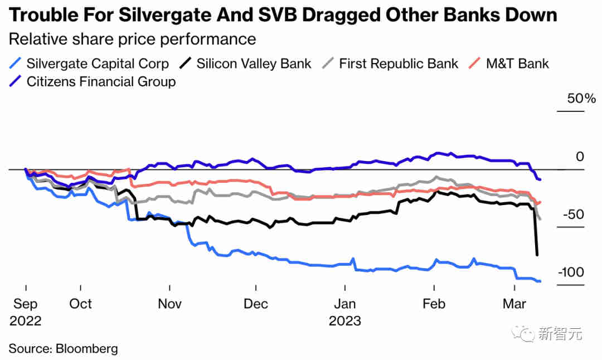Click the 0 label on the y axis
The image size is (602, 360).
tap(580, 157)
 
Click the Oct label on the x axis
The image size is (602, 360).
tap(81, 304)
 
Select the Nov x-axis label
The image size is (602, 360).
tap(169, 304)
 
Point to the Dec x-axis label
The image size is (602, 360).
tap(256, 304)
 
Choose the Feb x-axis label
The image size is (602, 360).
tap(434, 304)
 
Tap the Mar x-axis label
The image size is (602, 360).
tap(514, 304)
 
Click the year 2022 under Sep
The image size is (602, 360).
tap(26, 321)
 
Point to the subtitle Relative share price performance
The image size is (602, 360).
tap(132, 40)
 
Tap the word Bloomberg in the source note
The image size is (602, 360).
tap(86, 349)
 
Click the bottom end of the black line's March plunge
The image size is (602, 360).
tap(537, 255)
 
